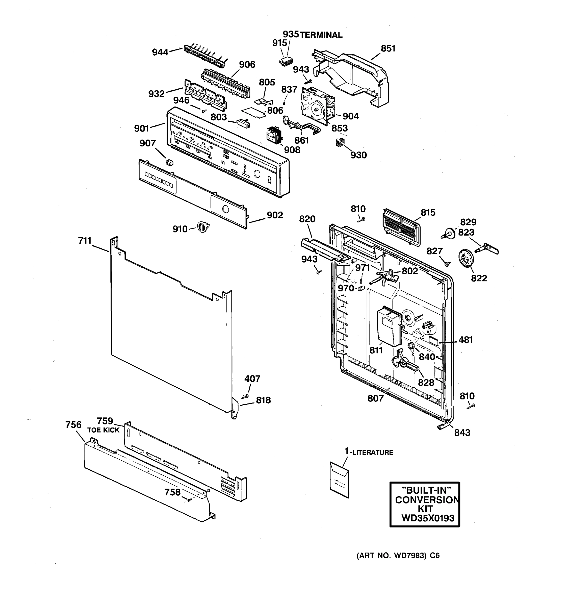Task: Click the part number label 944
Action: [160, 53]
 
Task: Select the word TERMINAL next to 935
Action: [321, 35]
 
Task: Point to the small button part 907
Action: [170, 162]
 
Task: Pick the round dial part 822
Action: [466, 258]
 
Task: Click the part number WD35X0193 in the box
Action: [428, 518]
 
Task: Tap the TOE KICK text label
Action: [103, 430]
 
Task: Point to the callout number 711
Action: [85, 241]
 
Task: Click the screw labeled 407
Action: [245, 396]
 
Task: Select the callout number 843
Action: [462, 433]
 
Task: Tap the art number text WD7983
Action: [409, 556]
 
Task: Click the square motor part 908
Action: [274, 135]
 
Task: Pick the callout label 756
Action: [73, 425]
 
